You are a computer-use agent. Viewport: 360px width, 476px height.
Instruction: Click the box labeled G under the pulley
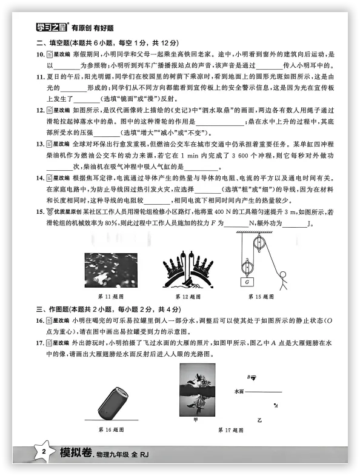tap(247, 283)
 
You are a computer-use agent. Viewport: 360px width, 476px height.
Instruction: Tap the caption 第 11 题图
tap(110, 297)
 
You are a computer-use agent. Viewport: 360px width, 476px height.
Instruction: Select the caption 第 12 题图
tap(188, 297)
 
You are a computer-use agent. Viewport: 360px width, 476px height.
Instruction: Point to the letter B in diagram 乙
tap(248, 377)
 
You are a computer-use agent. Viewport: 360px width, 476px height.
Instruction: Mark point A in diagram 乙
tap(276, 405)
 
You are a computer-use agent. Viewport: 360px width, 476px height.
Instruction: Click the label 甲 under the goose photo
tap(195, 419)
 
